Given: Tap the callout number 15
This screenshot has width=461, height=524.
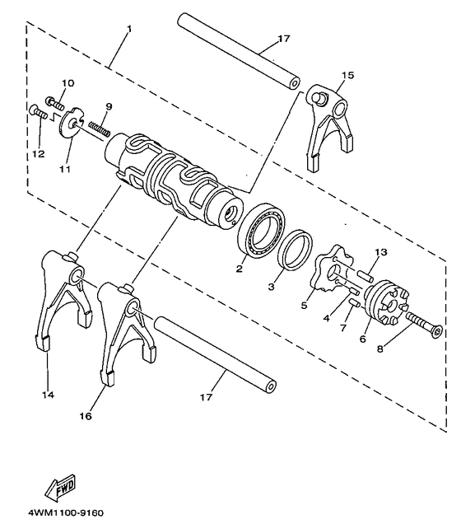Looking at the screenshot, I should coord(347,75).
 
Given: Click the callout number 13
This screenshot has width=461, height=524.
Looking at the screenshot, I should coord(380,252).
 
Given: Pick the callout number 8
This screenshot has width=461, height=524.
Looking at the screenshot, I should coord(380,349).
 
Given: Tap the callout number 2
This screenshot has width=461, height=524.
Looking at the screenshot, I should coord(239,269).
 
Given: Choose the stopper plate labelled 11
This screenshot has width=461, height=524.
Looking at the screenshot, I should coord(72,124).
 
